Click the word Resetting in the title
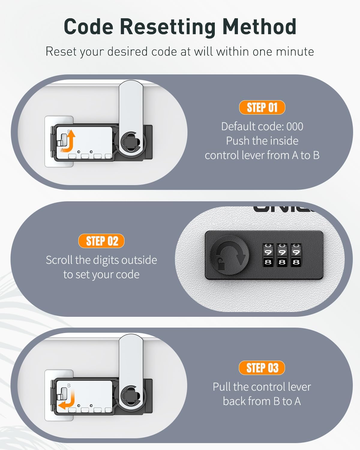tap(168, 27)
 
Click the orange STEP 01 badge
tap(262, 107)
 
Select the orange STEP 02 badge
tap(101, 241)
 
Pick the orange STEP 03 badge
tap(262, 368)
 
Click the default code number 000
tap(295, 127)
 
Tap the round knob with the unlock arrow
tap(229, 255)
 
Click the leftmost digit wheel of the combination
tap(268, 255)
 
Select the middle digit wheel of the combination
tap(282, 255)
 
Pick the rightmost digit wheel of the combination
tap(296, 255)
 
